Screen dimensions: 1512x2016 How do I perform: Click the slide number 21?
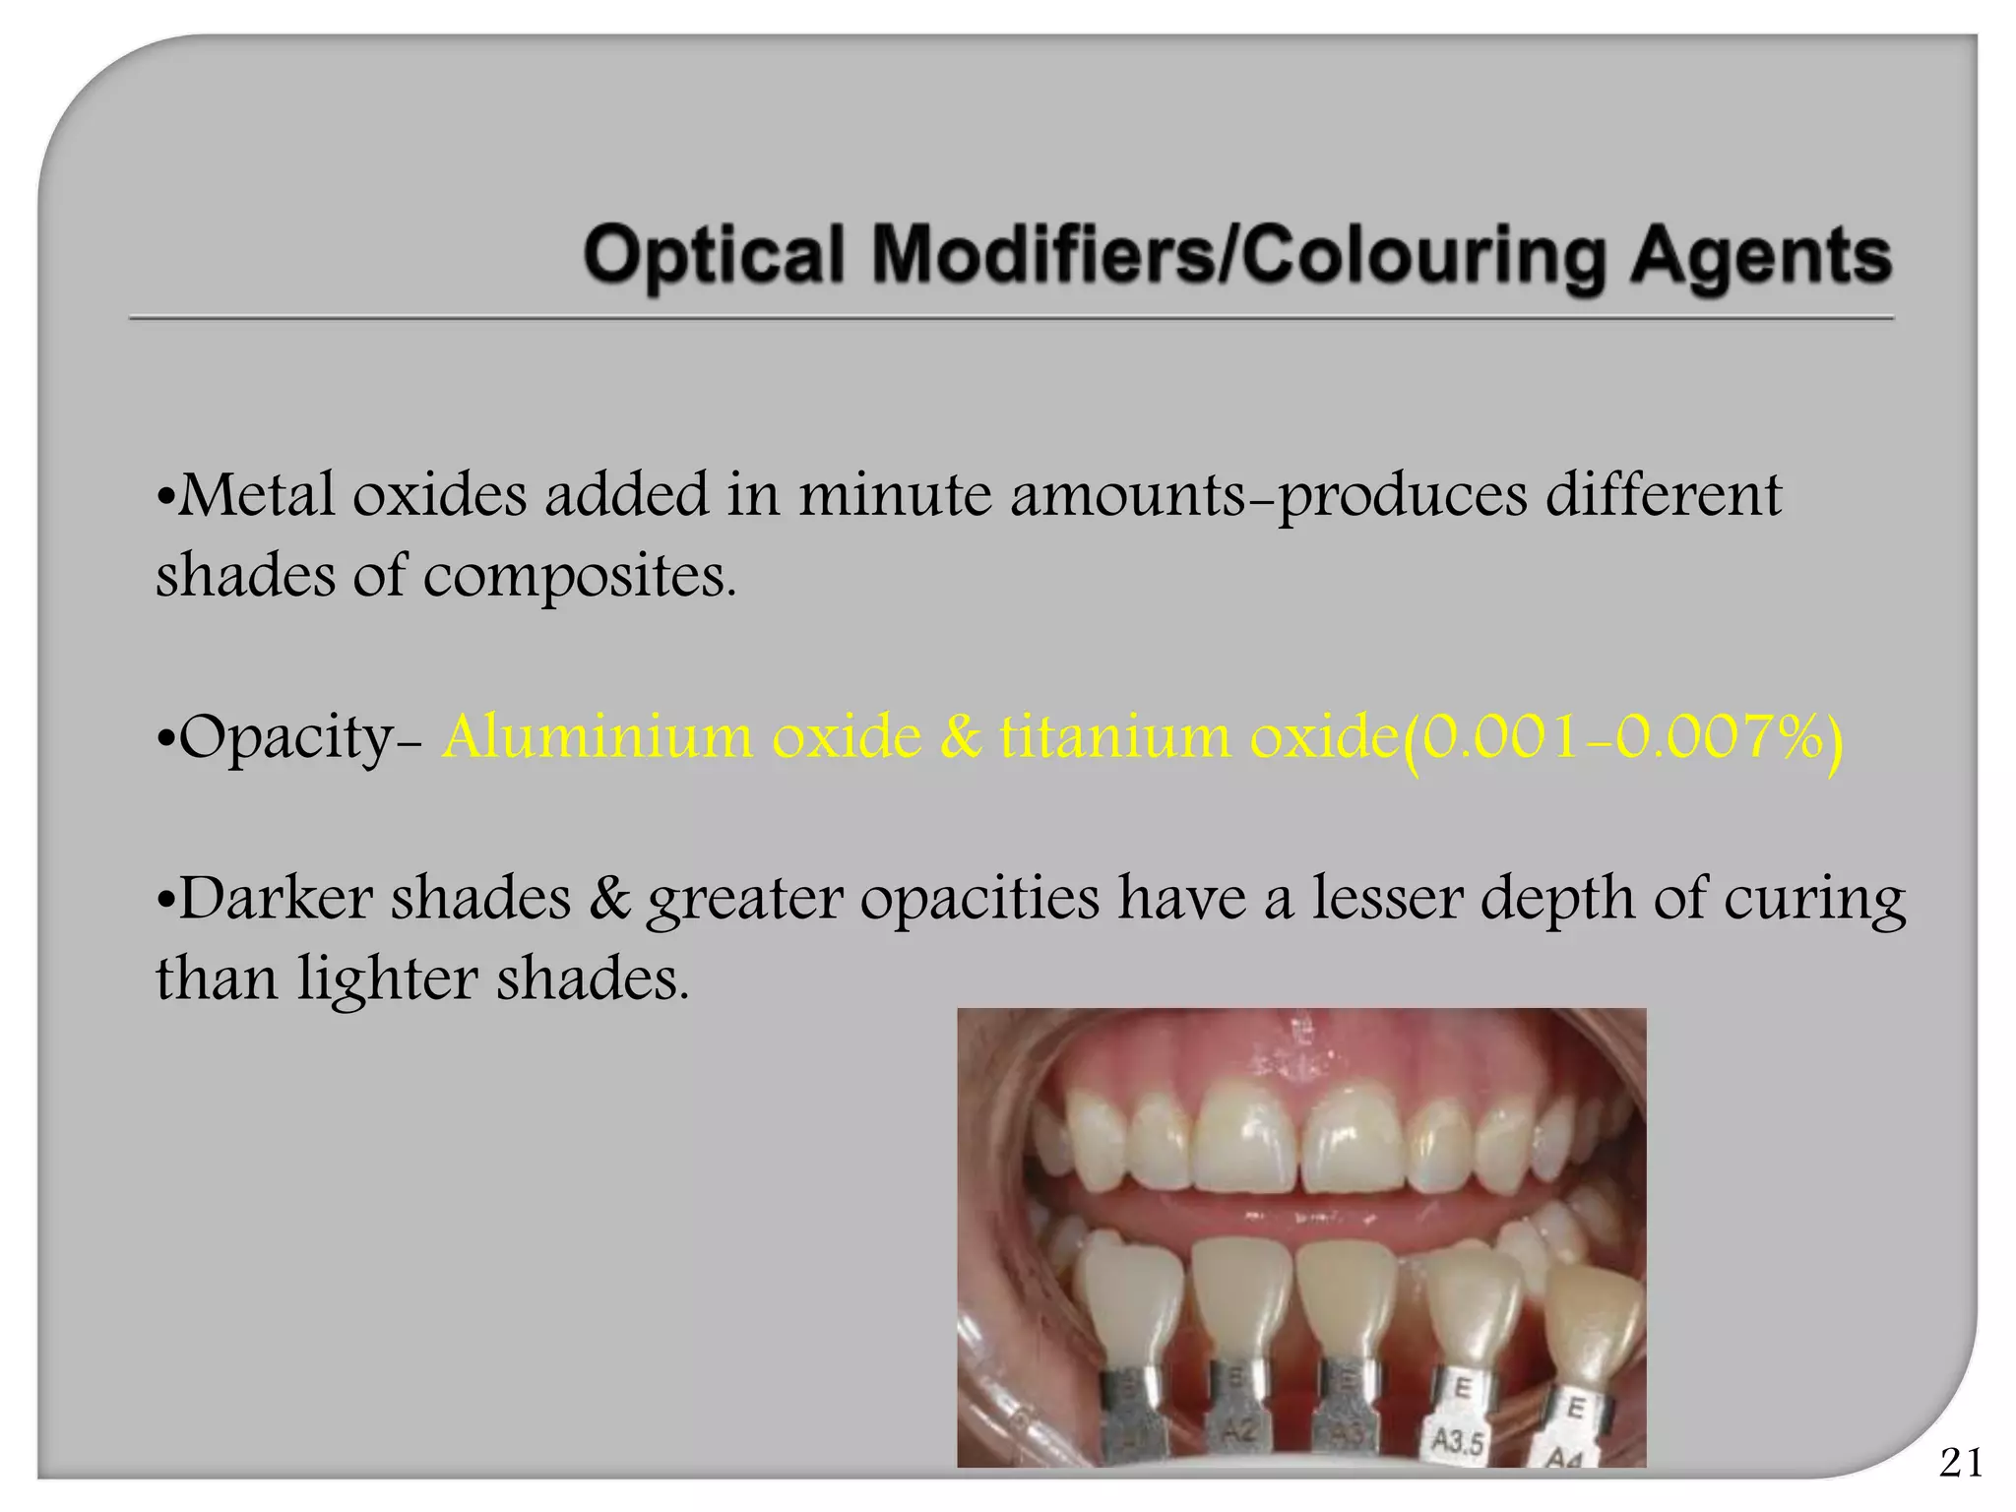pyautogui.click(x=1961, y=1464)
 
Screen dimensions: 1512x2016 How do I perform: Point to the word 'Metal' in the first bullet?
pyautogui.click(x=256, y=494)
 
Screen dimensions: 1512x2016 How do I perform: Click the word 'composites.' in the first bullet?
pyautogui.click(x=580, y=577)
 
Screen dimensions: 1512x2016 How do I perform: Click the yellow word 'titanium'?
pyautogui.click(x=1115, y=736)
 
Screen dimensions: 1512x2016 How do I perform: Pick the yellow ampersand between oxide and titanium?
pyautogui.click(x=961, y=736)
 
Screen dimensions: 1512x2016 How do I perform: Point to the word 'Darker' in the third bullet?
pyautogui.click(x=277, y=898)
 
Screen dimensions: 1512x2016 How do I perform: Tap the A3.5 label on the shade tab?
pyautogui.click(x=1457, y=1443)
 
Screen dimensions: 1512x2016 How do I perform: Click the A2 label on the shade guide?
pyautogui.click(x=1240, y=1431)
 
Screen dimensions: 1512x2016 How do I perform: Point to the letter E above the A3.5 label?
pyautogui.click(x=1463, y=1389)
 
